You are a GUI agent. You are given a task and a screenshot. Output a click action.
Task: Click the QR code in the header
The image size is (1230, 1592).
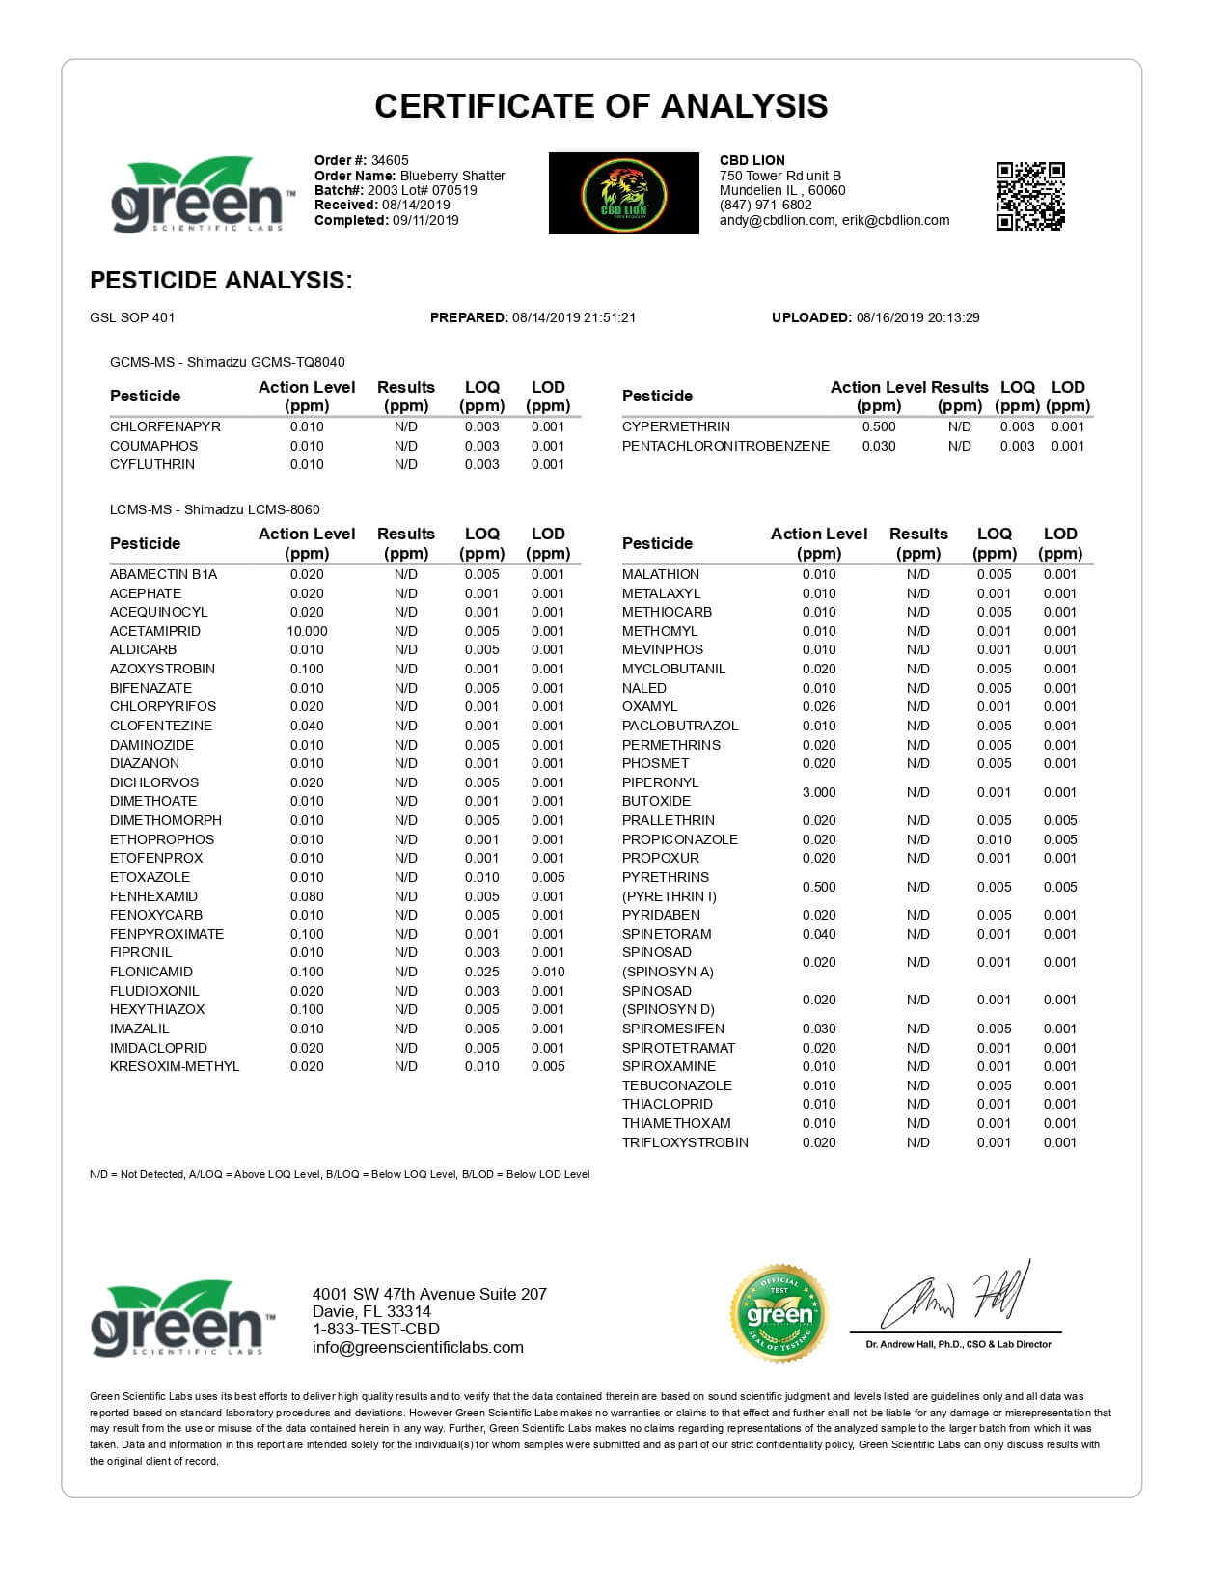pyautogui.click(x=1029, y=196)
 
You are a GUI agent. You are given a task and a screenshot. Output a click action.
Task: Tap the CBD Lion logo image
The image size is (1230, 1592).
pyautogui.click(x=623, y=193)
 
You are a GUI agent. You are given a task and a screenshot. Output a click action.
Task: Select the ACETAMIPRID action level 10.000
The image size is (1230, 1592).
pyautogui.click(x=307, y=631)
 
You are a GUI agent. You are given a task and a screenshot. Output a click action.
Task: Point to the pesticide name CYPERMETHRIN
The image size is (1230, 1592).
pyautogui.click(x=675, y=426)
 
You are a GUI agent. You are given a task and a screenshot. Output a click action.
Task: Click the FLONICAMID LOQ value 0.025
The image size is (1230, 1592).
pyautogui.click(x=481, y=972)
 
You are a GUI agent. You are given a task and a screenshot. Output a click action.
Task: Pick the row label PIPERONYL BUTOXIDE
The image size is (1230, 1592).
pyautogui.click(x=660, y=792)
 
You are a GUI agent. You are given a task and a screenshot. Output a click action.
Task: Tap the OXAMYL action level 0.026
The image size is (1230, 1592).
pyautogui.click(x=819, y=706)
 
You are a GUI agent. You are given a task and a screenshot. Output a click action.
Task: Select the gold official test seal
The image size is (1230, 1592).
pyautogui.click(x=779, y=1313)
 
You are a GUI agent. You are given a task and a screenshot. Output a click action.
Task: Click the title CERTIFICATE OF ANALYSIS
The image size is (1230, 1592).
pyautogui.click(x=601, y=106)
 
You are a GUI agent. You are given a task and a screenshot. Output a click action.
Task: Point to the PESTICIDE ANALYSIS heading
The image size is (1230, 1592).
pyautogui.click(x=221, y=281)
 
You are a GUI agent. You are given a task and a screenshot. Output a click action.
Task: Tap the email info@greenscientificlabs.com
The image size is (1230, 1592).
pyautogui.click(x=418, y=1348)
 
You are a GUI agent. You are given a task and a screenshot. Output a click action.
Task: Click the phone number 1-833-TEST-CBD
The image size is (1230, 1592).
pyautogui.click(x=375, y=1330)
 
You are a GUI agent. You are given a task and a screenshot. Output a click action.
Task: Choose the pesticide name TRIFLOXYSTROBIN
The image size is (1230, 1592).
pyautogui.click(x=685, y=1142)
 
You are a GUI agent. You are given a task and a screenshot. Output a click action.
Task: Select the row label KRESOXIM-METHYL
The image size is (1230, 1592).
pyautogui.click(x=175, y=1066)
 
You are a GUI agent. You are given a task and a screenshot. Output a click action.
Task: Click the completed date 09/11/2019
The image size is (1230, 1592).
pyautogui.click(x=425, y=220)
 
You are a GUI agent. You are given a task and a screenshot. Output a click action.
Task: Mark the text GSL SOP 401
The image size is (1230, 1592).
pyautogui.click(x=132, y=317)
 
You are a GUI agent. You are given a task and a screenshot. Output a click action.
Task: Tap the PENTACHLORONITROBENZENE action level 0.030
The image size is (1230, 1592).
pyautogui.click(x=878, y=446)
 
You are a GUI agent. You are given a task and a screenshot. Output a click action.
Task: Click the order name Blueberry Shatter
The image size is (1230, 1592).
pyautogui.click(x=452, y=176)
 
